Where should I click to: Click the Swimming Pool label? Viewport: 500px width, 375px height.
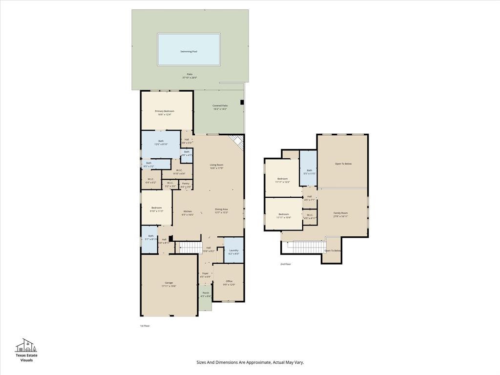pos(188,51)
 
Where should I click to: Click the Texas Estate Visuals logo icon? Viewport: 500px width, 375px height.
pos(26,346)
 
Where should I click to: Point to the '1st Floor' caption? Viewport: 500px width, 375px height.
pos(145,326)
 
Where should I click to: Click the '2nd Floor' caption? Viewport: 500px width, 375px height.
pos(286,264)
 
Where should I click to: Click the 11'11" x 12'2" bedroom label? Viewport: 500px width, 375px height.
pos(283,180)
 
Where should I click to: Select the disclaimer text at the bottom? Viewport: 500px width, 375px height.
pos(250,362)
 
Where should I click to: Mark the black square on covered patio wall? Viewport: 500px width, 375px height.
pos(242,102)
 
